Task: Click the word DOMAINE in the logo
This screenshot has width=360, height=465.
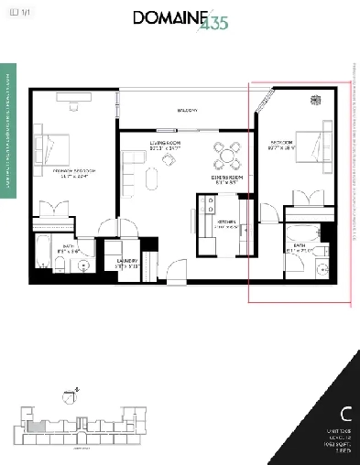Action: click(168, 17)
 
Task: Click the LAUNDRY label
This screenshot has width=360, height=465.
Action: click(127, 260)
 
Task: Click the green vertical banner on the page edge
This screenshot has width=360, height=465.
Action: click(8, 128)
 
